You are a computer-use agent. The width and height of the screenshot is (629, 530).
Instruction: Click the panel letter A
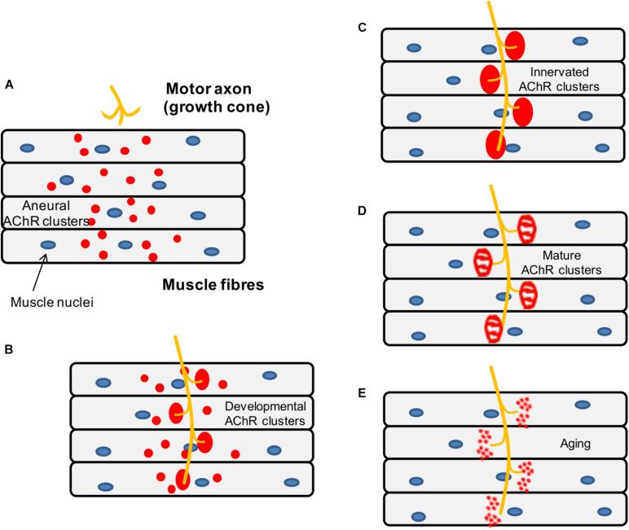pos(9,83)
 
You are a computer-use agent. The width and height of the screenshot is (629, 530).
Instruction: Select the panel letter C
pos(363,27)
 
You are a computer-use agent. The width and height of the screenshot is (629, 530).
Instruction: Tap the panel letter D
pos(363,210)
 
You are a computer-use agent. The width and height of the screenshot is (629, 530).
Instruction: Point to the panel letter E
pos(363,392)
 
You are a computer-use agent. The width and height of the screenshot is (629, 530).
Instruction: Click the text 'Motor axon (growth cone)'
pos(217,97)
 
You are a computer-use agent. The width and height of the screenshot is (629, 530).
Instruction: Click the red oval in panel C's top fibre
pos(515,46)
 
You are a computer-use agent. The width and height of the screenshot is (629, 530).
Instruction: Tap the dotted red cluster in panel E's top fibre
pos(524,412)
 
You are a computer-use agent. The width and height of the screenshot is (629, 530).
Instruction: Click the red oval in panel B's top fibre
pos(201,379)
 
